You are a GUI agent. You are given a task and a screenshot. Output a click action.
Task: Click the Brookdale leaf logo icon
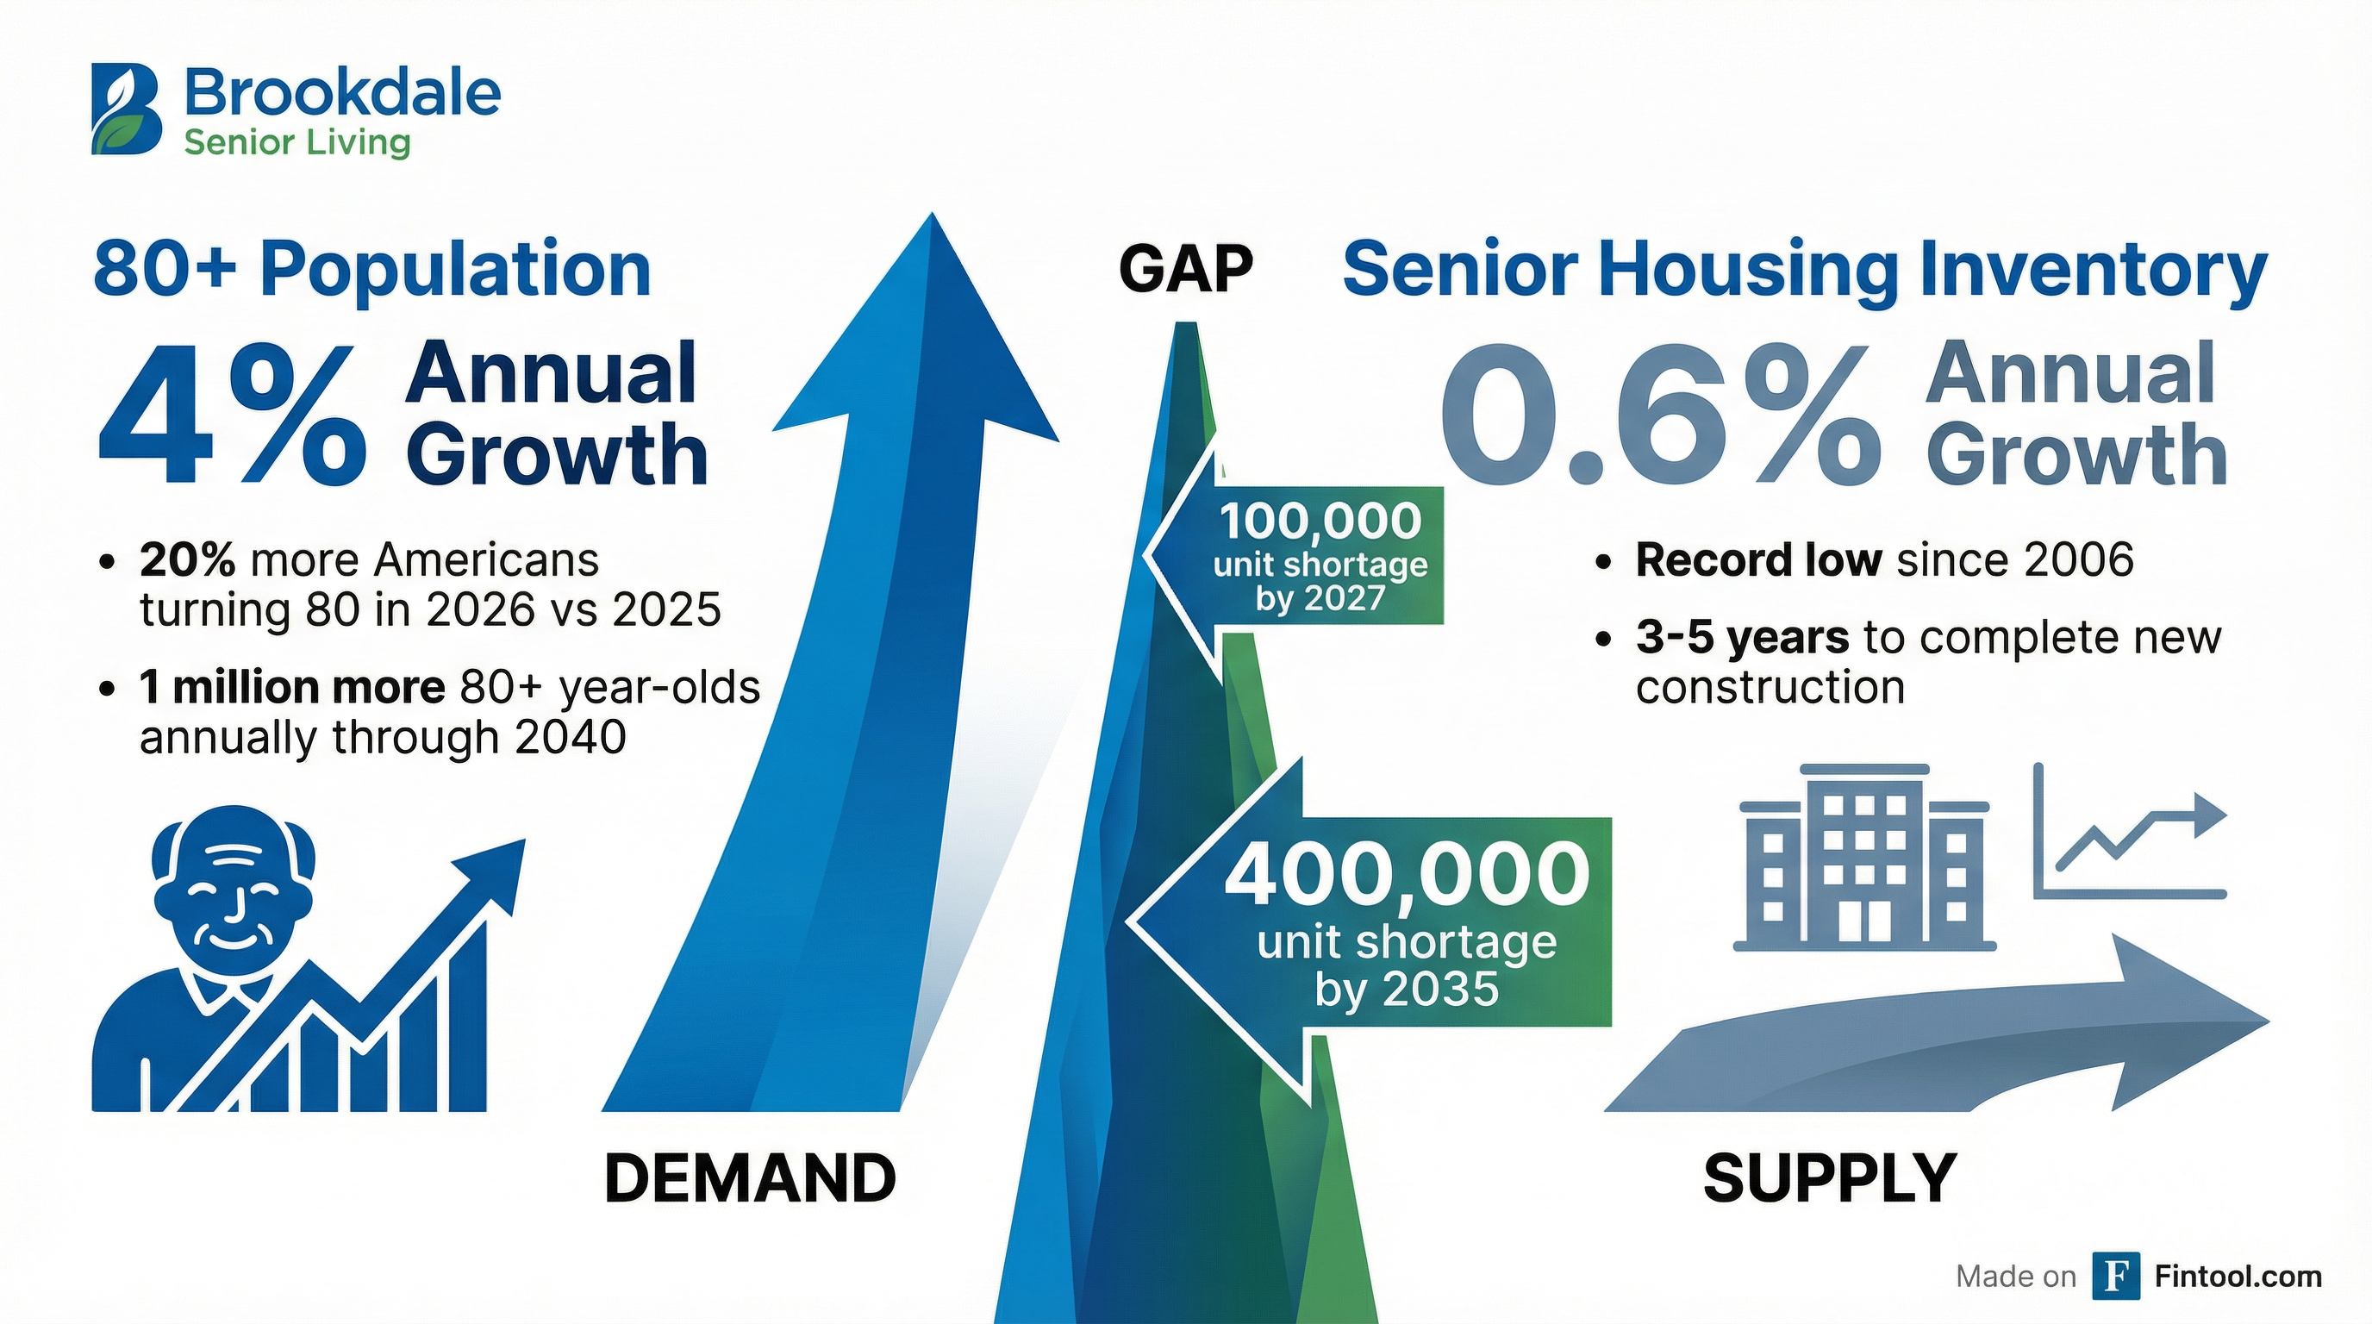point(127,109)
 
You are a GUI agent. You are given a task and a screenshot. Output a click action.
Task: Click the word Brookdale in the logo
point(342,94)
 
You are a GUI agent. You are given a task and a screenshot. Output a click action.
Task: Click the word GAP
point(1185,269)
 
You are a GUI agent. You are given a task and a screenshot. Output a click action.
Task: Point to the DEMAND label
point(750,1178)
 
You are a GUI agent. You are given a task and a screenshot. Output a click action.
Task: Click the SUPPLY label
point(1829,1178)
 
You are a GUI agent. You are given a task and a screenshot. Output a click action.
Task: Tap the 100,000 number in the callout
point(1320,521)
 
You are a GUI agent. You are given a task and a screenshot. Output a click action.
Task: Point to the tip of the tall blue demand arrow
point(932,221)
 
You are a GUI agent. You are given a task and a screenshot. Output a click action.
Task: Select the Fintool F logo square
point(2116,1275)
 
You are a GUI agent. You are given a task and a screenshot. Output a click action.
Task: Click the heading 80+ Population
point(372,269)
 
